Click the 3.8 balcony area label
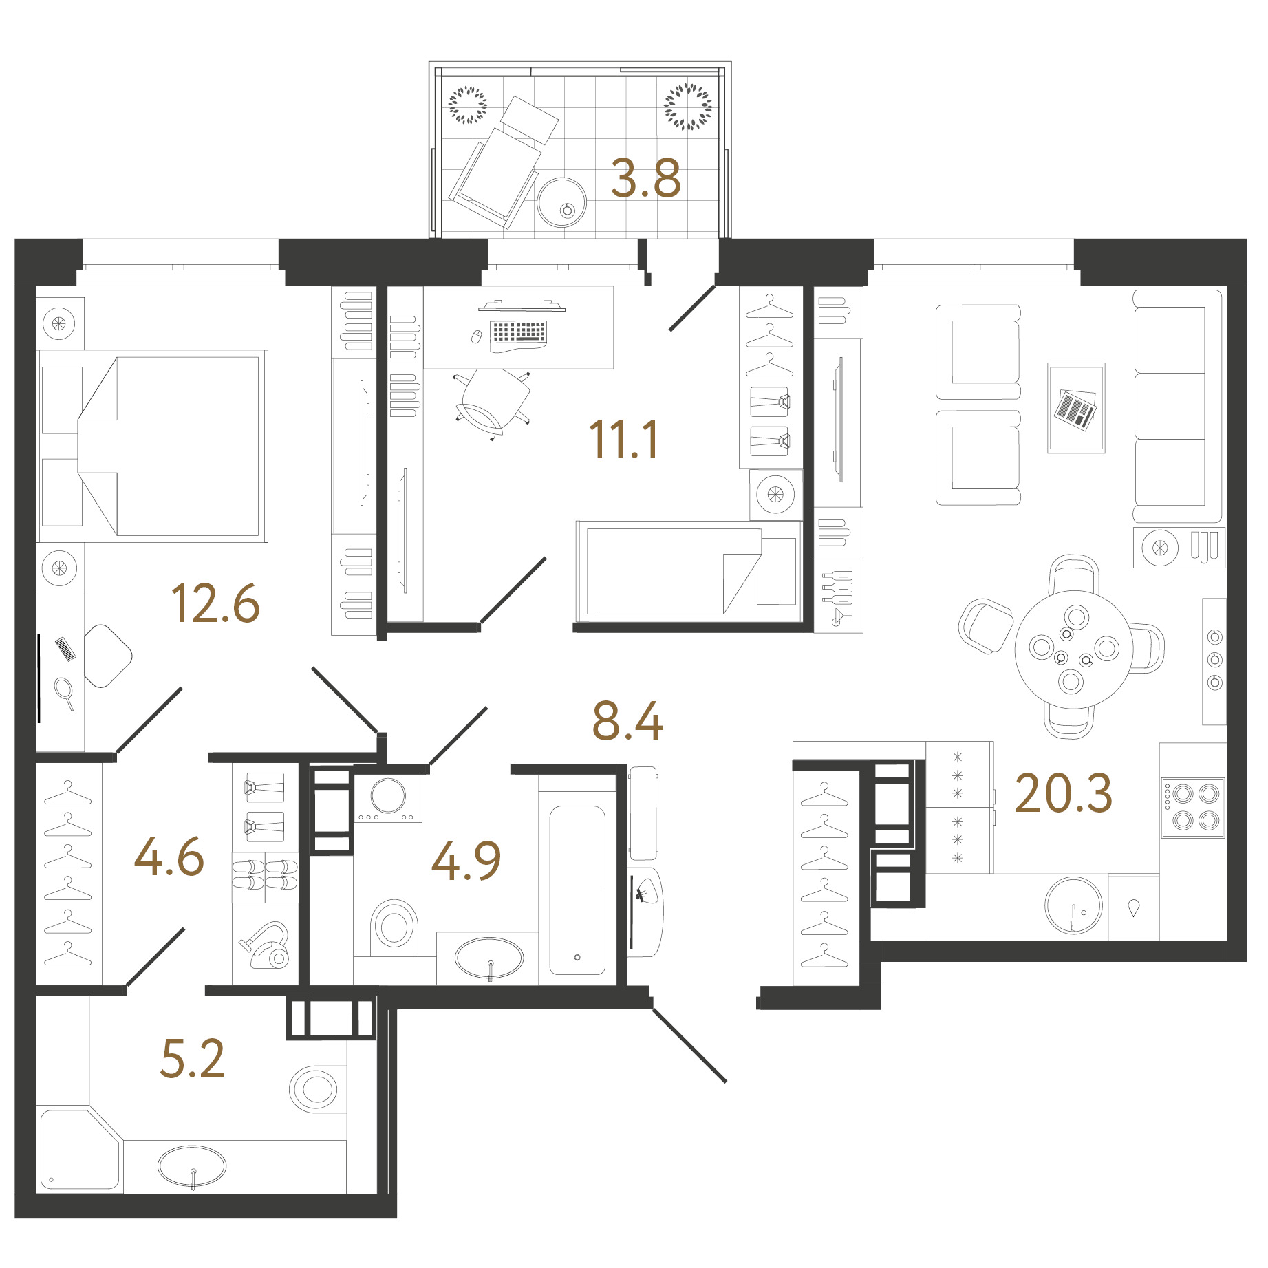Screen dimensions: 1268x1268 [x=645, y=178]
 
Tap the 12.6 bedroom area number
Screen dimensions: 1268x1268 [x=215, y=603]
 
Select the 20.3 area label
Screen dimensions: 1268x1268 [x=1063, y=793]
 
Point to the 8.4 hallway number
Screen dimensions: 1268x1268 [x=627, y=720]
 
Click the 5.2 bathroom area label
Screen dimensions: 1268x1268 [x=192, y=1057]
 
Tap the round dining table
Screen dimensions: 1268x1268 [x=1073, y=649]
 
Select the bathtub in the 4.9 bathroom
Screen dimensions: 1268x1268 [x=577, y=890]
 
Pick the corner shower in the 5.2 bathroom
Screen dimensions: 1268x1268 [x=79, y=1149]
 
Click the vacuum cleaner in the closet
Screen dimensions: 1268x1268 [x=265, y=945]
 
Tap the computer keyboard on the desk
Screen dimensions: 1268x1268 [x=518, y=332]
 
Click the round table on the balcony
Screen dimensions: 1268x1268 [x=561, y=203]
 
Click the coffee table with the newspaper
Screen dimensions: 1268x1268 [x=1076, y=408]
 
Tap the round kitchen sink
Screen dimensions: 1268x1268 [x=1073, y=905]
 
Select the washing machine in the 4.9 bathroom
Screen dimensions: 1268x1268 [x=388, y=798]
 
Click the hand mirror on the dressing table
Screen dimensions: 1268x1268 [x=65, y=693]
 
